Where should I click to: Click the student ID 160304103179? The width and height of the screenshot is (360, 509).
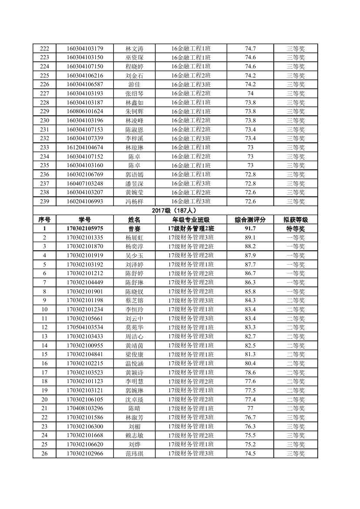pos(85,48)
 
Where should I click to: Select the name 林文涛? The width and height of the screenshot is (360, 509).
pos(134,48)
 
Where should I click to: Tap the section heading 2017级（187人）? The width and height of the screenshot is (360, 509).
pos(175,211)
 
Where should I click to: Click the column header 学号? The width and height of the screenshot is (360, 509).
pos(85,219)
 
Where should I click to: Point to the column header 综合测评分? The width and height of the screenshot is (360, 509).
pos(250,219)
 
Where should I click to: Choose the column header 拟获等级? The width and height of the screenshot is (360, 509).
pos(296,219)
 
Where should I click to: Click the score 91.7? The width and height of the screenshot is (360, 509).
pos(250,229)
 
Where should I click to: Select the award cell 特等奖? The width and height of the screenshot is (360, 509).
pos(296,229)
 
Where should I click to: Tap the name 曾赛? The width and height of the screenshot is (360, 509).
pos(134,229)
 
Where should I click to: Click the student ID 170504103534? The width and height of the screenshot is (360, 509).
pos(85,327)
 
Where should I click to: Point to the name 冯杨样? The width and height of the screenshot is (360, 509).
pos(134,201)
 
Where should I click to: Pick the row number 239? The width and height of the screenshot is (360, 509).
pos(44,201)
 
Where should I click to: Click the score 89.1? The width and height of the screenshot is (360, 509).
pos(250,237)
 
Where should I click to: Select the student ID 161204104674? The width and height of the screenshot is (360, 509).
pos(85,147)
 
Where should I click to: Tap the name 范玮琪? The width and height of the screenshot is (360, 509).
pos(134,453)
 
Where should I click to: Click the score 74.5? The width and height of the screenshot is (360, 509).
pos(250,453)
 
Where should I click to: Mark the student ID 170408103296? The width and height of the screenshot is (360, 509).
pos(85,408)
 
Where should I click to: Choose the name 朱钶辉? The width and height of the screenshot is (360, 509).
pos(134,111)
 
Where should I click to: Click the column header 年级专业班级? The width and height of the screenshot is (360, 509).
pos(191,219)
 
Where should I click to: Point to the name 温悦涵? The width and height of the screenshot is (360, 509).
pos(134,363)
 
